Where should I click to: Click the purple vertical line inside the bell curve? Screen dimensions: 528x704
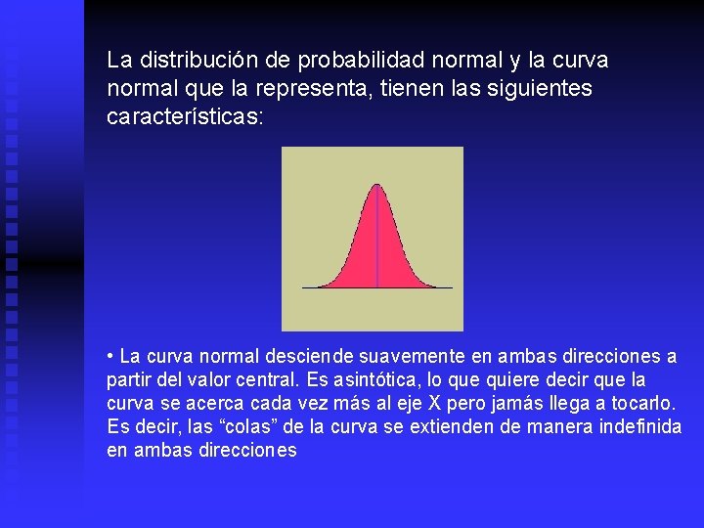point(376,244)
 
